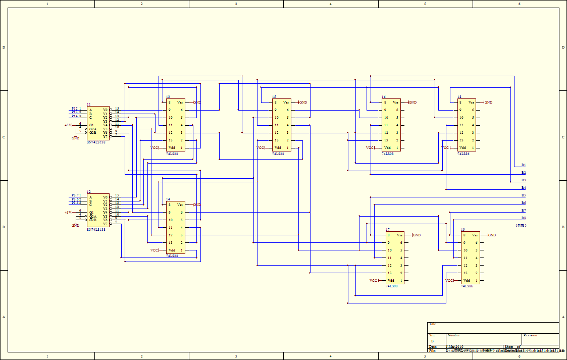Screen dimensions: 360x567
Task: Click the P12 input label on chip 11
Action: [74, 108]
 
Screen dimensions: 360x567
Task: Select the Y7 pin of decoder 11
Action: [105, 136]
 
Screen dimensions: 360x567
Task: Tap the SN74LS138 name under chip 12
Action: [96, 230]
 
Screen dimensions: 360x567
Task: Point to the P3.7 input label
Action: [74, 195]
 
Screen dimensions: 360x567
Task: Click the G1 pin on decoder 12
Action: [91, 212]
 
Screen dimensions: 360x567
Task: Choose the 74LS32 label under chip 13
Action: [172, 153]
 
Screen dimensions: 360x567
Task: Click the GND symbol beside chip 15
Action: [303, 102]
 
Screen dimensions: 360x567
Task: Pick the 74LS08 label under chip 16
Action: [388, 153]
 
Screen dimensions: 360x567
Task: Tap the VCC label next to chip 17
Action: [373, 281]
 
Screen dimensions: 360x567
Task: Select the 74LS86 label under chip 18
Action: [463, 153]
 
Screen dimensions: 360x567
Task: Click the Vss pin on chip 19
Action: [475, 235]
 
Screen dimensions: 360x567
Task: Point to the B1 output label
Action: [524, 165]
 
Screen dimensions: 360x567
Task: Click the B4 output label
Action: [524, 188]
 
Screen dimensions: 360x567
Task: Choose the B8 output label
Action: [524, 218]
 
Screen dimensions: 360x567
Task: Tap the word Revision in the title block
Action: [530, 335]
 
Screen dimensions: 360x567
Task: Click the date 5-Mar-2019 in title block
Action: [454, 347]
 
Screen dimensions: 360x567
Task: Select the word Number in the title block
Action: [453, 335]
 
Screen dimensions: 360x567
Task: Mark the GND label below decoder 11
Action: [75, 138]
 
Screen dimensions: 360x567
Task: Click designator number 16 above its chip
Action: [384, 96]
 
